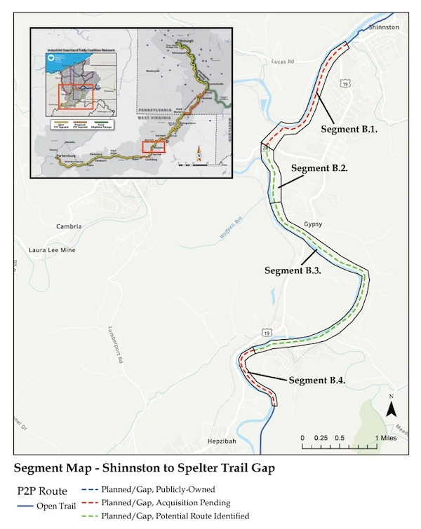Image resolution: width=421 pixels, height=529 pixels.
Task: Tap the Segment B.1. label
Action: pos(349,130)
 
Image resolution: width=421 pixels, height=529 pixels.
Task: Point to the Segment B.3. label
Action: pos(293,270)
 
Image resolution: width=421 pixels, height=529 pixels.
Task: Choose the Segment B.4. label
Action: pos(317,380)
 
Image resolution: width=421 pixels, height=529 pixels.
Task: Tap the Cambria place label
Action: pos(70,226)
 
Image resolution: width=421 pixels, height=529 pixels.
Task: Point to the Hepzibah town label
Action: pos(223,443)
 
